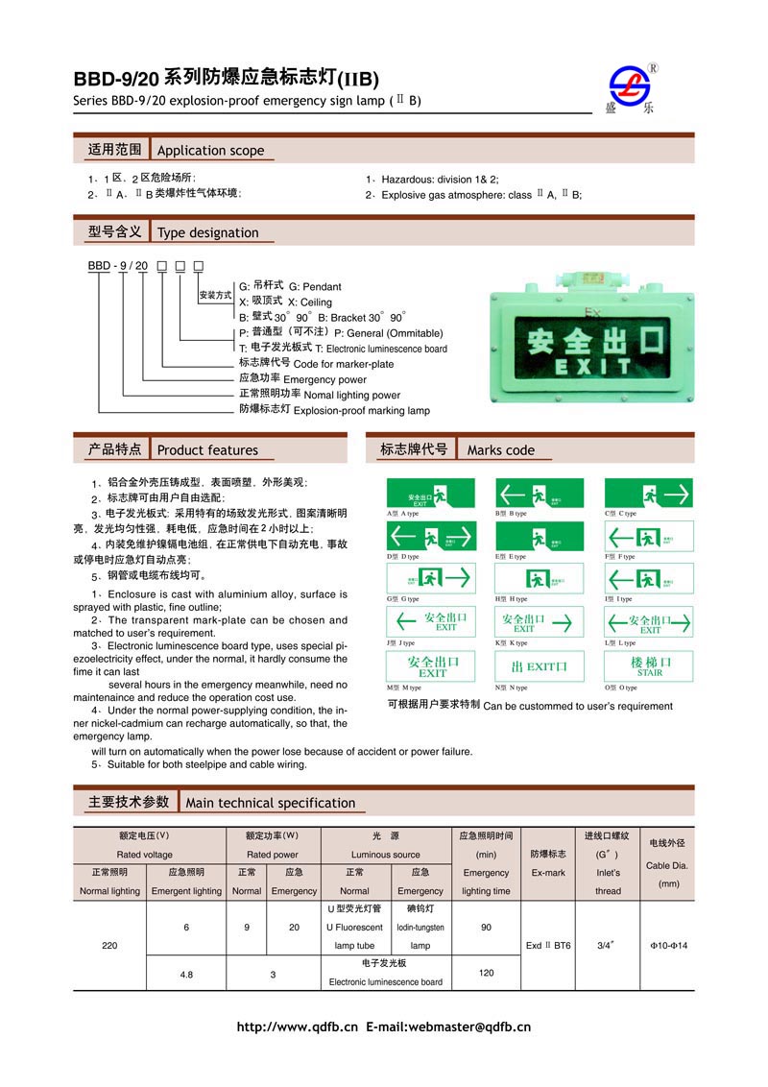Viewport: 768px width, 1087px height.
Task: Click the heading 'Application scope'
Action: pos(210,151)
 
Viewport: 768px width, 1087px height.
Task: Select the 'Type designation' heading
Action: pos(207,232)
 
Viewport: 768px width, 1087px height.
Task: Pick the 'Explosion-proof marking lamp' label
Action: pos(362,410)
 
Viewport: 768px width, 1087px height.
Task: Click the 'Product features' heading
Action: pos(207,449)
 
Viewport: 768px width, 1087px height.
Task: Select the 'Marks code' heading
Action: pos(500,449)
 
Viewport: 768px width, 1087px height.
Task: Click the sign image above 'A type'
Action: pos(431,494)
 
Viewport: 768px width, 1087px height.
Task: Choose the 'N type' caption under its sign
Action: pos(518,688)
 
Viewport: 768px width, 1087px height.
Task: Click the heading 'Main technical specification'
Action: pos(270,803)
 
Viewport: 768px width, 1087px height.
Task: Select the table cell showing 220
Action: pos(109,946)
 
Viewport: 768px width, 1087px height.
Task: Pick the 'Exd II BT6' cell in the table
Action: pos(548,946)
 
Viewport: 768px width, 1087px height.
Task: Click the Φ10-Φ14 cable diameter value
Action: pos(669,946)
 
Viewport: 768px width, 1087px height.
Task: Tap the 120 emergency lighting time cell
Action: pos(486,973)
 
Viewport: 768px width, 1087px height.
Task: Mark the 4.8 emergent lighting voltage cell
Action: pos(186,974)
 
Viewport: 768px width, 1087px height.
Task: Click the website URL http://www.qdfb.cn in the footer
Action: pos(297,1027)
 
